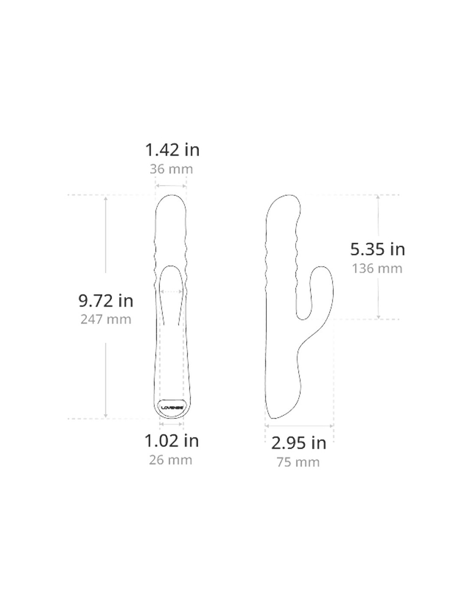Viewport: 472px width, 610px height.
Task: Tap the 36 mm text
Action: (x=171, y=169)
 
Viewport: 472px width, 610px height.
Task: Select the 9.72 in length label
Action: (x=106, y=301)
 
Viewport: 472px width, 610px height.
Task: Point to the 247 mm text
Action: (x=106, y=320)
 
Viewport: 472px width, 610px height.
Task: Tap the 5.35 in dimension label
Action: (x=378, y=249)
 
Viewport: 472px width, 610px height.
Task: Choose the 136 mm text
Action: (x=377, y=269)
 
